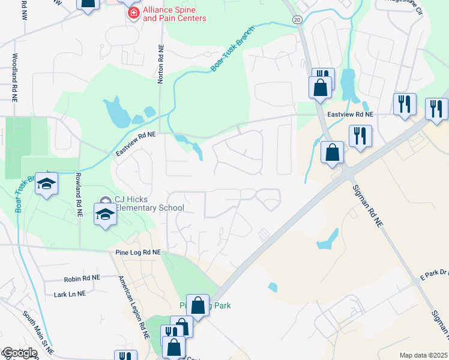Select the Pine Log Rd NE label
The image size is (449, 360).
138,253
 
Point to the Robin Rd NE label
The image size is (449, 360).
83,278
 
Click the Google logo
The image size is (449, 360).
19,353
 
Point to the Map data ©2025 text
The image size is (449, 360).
423,355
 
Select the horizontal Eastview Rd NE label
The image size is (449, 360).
351,114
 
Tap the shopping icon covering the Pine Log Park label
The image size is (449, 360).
198,305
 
